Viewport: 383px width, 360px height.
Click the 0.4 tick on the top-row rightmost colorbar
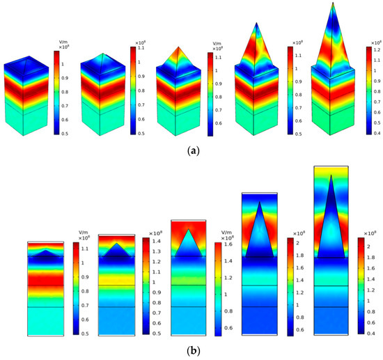[377, 132]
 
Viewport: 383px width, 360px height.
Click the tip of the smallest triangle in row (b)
[46, 249]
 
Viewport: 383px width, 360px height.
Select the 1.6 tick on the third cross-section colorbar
[229, 245]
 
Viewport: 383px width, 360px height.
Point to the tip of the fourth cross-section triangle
[260, 201]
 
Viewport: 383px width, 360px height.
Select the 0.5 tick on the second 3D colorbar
[141, 132]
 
